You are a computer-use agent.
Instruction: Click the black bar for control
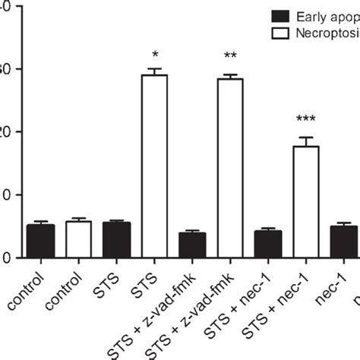39,241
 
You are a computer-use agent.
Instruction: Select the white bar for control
78,239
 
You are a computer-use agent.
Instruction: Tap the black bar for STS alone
116,240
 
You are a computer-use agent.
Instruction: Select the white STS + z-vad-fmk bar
230,168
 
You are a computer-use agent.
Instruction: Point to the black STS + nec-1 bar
268,244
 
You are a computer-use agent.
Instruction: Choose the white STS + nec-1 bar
306,201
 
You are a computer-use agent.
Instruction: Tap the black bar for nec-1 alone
343,242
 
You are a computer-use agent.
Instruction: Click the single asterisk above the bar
155,55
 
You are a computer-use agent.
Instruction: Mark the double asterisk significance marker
230,56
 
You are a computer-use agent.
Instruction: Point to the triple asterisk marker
306,119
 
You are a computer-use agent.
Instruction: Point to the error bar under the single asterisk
155,71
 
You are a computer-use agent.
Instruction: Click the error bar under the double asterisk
230,76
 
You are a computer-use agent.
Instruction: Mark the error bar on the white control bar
78,219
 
